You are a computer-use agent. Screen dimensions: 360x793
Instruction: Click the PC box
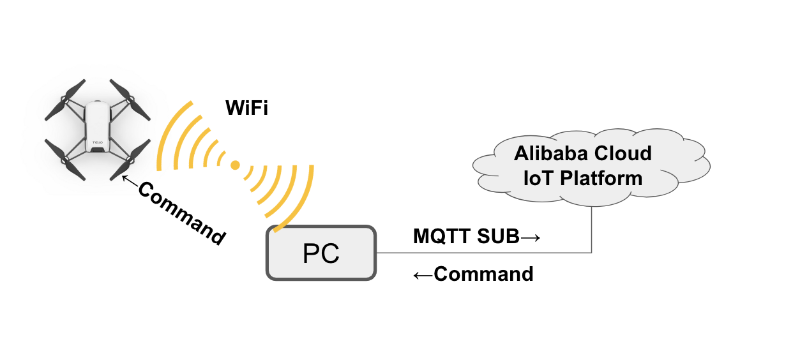pos(321,253)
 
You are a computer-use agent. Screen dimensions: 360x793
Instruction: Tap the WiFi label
pos(246,108)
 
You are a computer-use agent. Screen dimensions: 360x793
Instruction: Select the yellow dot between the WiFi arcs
pos(235,165)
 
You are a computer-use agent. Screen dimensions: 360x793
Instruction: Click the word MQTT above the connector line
pos(440,237)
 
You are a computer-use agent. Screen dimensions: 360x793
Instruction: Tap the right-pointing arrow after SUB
pos(531,237)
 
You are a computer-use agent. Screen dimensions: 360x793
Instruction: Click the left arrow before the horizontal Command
pos(423,274)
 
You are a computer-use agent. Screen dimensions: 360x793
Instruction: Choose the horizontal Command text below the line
pos(483,274)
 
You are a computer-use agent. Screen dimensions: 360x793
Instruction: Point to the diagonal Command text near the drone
pos(181,213)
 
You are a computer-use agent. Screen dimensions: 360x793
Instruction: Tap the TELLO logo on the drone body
pos(97,142)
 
